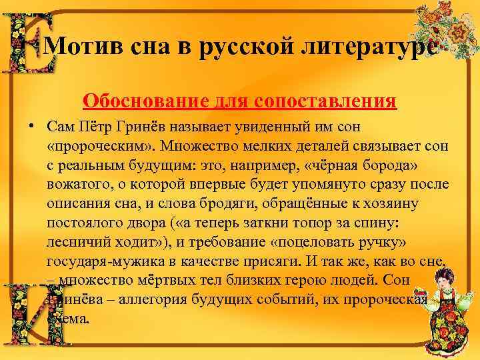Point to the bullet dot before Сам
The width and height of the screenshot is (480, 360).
tap(31, 125)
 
